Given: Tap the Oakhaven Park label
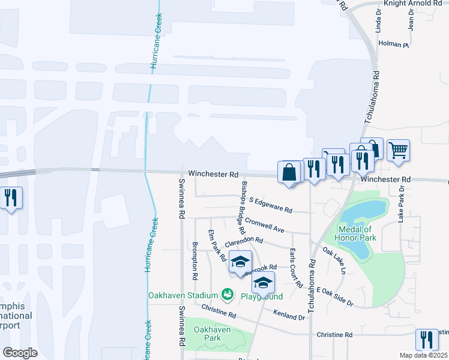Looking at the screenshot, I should (x=207, y=334).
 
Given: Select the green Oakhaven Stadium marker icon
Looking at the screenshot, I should (x=228, y=294).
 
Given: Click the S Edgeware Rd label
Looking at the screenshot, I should (x=270, y=205).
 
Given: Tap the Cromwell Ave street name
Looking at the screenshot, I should (x=264, y=224).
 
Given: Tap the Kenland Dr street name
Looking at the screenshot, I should (x=289, y=315).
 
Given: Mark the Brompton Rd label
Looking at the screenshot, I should (x=195, y=261).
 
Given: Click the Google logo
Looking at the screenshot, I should (x=20, y=352).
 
